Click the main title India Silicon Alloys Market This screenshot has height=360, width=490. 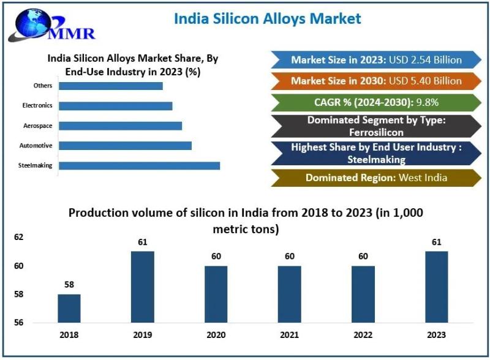click(x=268, y=18)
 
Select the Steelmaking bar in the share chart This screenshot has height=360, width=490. click(x=139, y=165)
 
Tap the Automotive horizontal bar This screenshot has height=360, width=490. click(x=125, y=145)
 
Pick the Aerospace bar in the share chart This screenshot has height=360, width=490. click(x=120, y=126)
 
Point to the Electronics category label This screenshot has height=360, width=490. click(x=37, y=105)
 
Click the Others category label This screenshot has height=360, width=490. click(x=43, y=86)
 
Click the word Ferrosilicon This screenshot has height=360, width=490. click(x=376, y=132)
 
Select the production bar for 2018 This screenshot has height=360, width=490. click(x=69, y=308)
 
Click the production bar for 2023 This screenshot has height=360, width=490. click(x=437, y=287)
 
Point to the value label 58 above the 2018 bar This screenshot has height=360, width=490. click(x=69, y=285)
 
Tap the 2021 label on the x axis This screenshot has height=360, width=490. click(x=290, y=335)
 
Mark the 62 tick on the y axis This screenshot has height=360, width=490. click(x=18, y=236)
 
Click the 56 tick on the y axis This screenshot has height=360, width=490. click(x=18, y=323)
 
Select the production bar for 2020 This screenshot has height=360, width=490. click(x=216, y=294)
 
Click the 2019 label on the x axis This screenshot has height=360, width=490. click(x=143, y=335)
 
